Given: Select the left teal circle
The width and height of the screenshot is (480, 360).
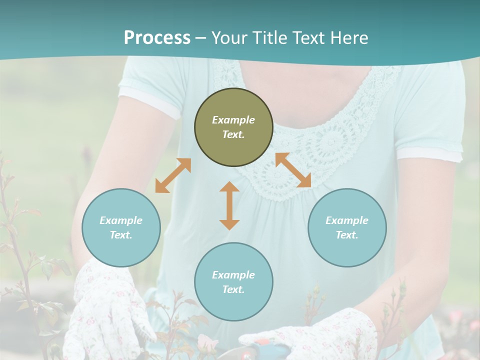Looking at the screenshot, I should pyautogui.click(x=121, y=227).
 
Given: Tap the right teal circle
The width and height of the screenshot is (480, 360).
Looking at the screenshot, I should pyautogui.click(x=347, y=227).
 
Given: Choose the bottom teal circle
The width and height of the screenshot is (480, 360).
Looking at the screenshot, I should pyautogui.click(x=233, y=282).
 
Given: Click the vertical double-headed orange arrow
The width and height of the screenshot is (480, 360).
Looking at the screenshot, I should pyautogui.click(x=229, y=205).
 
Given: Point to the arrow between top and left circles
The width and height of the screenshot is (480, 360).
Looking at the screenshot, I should pyautogui.click(x=173, y=175).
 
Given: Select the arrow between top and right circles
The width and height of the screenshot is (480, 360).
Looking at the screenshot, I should pyautogui.click(x=293, y=170).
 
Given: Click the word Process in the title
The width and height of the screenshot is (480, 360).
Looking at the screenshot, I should pyautogui.click(x=157, y=38).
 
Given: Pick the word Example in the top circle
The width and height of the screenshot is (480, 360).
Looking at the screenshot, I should pyautogui.click(x=233, y=120).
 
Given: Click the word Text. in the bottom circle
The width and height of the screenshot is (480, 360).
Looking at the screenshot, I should pyautogui.click(x=233, y=289).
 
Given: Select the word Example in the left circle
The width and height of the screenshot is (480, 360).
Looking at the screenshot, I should pyautogui.click(x=121, y=220).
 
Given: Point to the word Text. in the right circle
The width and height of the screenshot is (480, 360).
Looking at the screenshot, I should pyautogui.click(x=347, y=235).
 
